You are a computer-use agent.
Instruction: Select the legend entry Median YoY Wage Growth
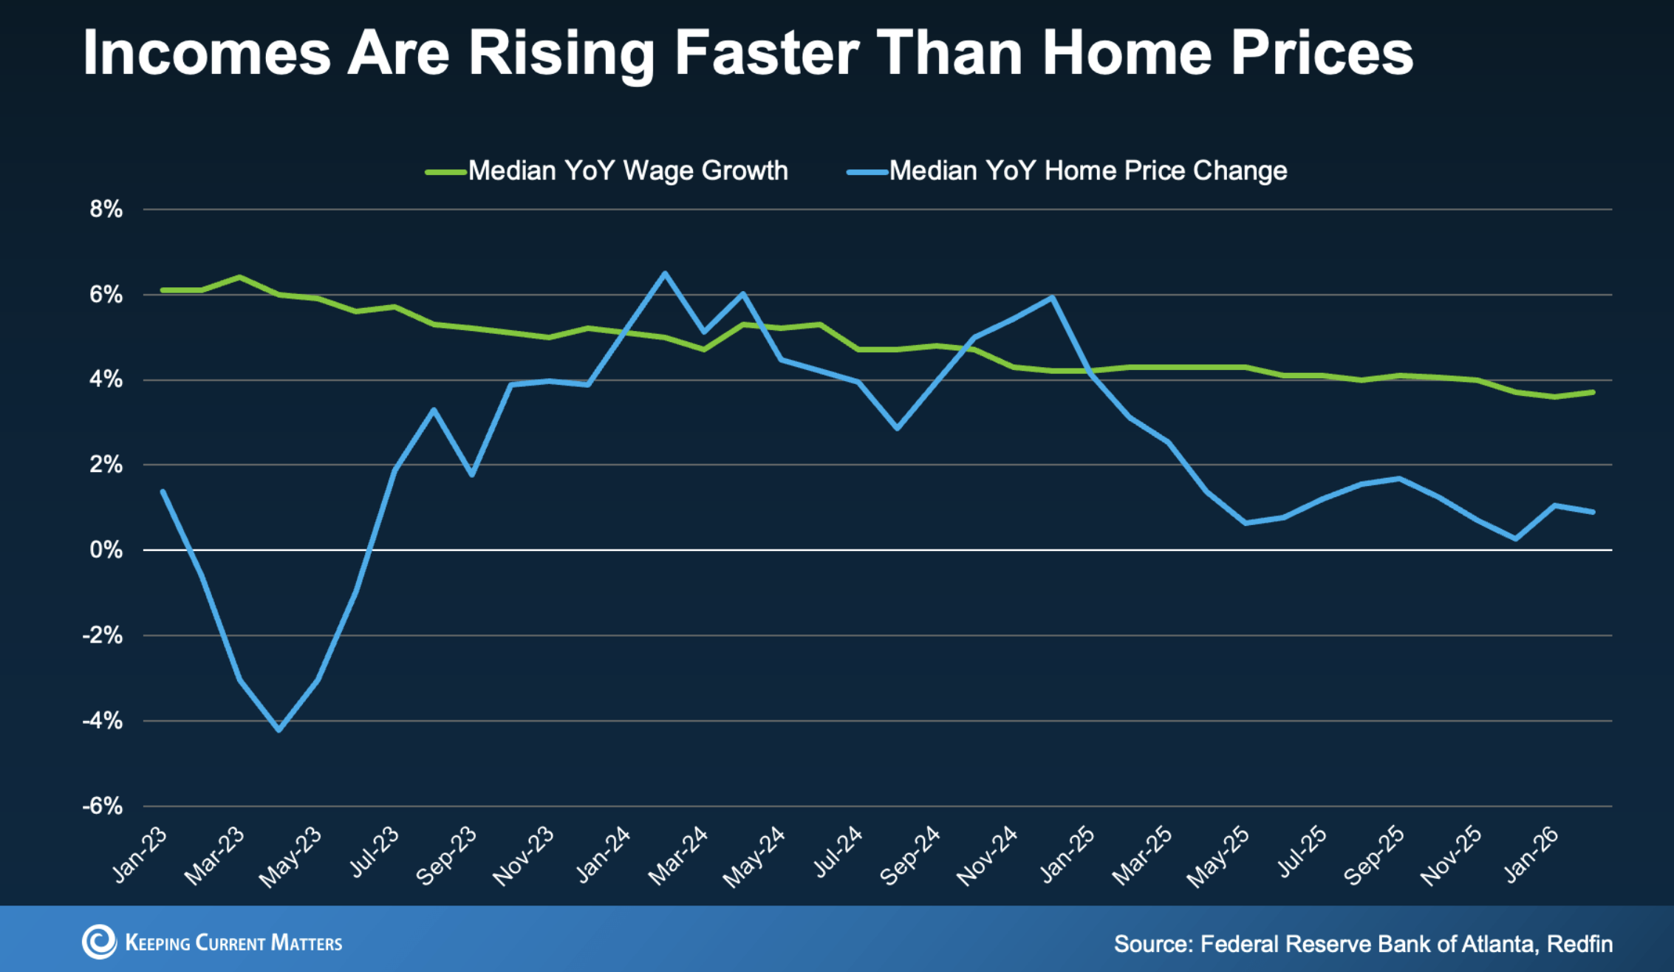point(627,171)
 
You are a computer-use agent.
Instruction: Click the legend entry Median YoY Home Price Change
point(1087,171)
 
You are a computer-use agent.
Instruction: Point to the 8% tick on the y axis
point(106,210)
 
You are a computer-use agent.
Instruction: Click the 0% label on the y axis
point(106,550)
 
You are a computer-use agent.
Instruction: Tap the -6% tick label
point(103,806)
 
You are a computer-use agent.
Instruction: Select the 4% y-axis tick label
point(106,380)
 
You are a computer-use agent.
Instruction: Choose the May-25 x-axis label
point(1219,857)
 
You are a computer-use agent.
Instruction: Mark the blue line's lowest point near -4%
point(279,730)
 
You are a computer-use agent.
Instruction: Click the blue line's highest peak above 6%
point(665,273)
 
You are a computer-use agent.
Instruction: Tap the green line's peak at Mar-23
point(239,277)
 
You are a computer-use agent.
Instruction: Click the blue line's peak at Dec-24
point(1051,297)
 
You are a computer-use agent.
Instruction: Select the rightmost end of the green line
point(1593,392)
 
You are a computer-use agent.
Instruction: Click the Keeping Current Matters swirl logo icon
point(99,942)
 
